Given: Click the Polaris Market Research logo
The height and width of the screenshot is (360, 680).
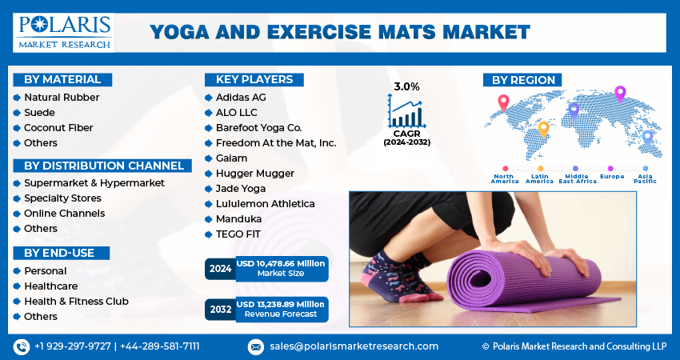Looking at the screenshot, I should [x=64, y=32].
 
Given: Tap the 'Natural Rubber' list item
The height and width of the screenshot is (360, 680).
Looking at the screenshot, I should [x=62, y=97].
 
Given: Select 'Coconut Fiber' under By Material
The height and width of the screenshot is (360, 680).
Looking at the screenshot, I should [x=58, y=127].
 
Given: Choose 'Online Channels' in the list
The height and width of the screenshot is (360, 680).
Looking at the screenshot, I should [x=64, y=214].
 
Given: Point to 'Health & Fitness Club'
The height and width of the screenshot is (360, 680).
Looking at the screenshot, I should [x=76, y=302].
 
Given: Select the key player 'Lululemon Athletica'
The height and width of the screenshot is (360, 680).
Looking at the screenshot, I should [x=265, y=204].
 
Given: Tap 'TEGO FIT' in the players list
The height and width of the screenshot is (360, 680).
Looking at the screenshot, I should [x=238, y=234].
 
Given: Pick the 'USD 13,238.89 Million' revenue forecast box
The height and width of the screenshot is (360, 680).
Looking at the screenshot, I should [x=280, y=309].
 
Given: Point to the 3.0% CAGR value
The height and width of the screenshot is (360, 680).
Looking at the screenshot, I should [x=406, y=86].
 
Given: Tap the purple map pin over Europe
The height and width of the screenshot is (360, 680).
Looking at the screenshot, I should [x=619, y=94].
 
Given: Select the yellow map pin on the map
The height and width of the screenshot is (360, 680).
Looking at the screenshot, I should [x=544, y=128].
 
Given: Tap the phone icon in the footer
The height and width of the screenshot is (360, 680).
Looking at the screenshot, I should [x=22, y=346].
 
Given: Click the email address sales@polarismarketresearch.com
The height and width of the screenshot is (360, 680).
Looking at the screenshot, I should [x=353, y=346].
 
